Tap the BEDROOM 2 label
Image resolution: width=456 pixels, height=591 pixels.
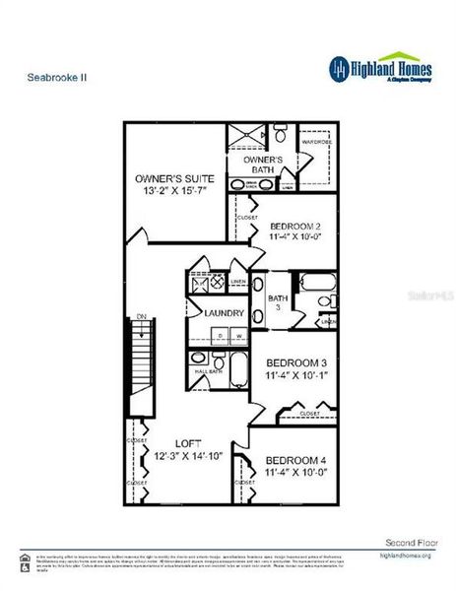click(296, 225)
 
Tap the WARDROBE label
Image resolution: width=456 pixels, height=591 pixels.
click(317, 141)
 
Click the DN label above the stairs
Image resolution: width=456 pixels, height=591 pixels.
click(142, 317)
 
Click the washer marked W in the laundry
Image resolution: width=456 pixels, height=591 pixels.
click(238, 337)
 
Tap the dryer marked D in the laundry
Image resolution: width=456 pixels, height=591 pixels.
click(221, 337)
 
